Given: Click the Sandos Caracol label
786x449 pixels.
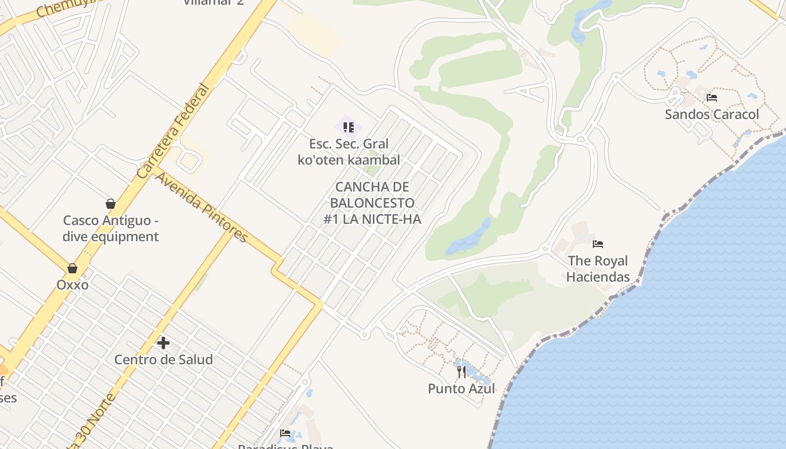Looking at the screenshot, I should [711, 114].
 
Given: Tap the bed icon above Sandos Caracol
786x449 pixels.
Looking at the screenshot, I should [712, 98].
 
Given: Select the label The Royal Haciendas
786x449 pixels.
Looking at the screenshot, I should [597, 268].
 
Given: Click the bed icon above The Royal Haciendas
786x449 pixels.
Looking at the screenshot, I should [598, 244].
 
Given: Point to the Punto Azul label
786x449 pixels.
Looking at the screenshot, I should [461, 388].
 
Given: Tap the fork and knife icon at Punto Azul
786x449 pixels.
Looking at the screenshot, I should [461, 372].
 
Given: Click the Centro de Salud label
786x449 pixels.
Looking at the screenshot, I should [163, 359].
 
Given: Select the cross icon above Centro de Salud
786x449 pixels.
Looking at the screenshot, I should [163, 342].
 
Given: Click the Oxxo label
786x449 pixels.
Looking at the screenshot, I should [72, 285].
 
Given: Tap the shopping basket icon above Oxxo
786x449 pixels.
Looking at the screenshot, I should [72, 268].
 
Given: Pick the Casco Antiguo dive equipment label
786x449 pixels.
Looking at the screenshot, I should [111, 228].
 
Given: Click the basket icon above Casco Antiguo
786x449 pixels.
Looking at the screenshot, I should [111, 204].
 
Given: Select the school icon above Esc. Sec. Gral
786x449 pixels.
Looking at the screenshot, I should [349, 127].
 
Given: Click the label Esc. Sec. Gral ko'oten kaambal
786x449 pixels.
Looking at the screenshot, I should [349, 152].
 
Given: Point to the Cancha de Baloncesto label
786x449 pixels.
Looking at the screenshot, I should [372, 203].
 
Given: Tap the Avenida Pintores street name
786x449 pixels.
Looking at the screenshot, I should [202, 207].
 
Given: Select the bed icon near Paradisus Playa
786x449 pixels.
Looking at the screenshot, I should [285, 433].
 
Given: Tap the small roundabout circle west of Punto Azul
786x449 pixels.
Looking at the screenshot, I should [364, 335].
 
